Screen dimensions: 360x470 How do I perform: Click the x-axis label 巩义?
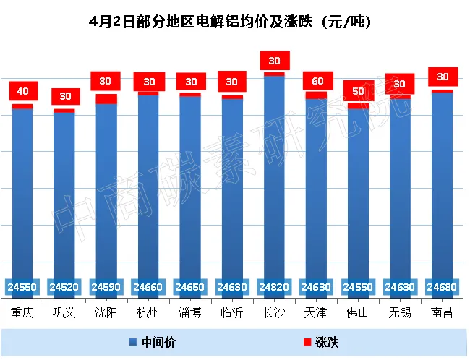[x=64, y=313]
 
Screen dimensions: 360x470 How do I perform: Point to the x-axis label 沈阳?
[x=106, y=313]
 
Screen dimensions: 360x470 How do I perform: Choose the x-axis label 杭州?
[x=148, y=313]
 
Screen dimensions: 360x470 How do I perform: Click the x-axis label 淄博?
[x=190, y=313]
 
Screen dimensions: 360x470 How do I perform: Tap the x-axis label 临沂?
[x=232, y=313]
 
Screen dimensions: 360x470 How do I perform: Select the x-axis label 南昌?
[x=442, y=313]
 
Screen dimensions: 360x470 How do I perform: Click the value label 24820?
[x=274, y=287]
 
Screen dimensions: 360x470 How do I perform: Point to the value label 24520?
[x=64, y=287]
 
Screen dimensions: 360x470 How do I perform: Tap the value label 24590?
[x=106, y=287]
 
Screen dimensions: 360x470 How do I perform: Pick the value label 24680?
[x=442, y=287]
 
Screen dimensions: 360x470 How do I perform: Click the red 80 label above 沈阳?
[x=106, y=82]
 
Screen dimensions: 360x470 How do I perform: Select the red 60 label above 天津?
[x=316, y=82]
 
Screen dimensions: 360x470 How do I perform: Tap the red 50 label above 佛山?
[x=358, y=91]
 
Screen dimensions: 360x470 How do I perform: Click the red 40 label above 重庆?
[x=22, y=91]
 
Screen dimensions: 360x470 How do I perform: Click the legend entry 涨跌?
[x=320, y=340]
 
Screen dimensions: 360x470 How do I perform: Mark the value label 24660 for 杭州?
[x=148, y=287]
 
